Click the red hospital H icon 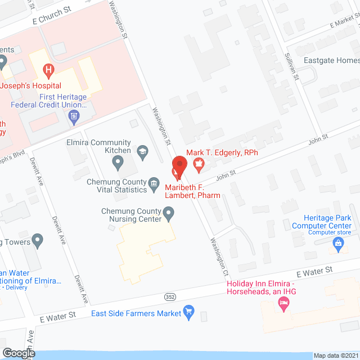point(49,70)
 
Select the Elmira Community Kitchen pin point(118,163)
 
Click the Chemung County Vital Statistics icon point(153,184)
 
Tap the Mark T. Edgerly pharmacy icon point(198,164)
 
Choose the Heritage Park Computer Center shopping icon point(338,243)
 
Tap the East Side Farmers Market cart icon point(190,312)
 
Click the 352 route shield point(170,296)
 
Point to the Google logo point(18,353)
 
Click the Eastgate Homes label point(331,60)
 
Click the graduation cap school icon point(143,150)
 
